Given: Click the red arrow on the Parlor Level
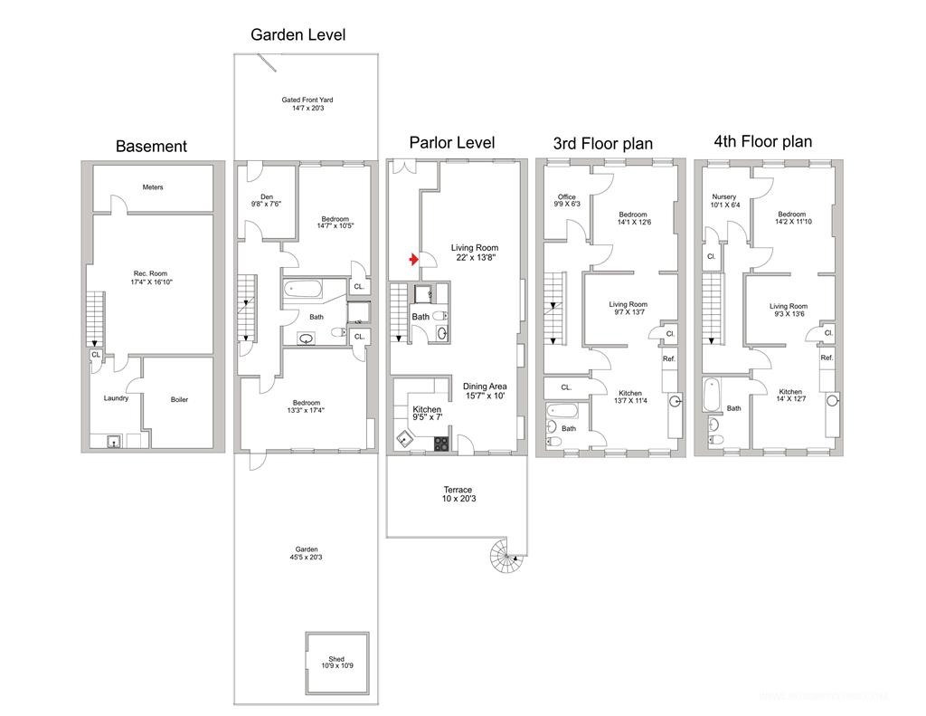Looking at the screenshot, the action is (x=413, y=261).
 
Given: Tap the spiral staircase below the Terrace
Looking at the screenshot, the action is (x=503, y=554).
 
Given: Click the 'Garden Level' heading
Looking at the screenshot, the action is (x=298, y=35).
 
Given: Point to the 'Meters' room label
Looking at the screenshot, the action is (x=153, y=187).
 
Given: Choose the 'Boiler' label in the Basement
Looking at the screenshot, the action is (x=179, y=399).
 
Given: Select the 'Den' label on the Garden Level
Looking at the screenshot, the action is (x=267, y=197).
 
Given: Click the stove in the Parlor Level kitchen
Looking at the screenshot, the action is (x=441, y=443).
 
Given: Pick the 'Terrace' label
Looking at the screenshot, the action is (x=457, y=490).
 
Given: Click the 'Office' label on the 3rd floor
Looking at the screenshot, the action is (x=567, y=197).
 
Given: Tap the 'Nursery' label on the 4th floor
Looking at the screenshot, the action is (x=724, y=197).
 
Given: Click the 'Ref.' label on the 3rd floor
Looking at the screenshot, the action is (x=669, y=359).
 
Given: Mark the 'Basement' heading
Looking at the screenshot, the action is (x=151, y=147).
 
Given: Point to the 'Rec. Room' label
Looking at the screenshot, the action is (x=151, y=273).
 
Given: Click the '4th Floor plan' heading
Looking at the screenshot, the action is (x=762, y=141).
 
